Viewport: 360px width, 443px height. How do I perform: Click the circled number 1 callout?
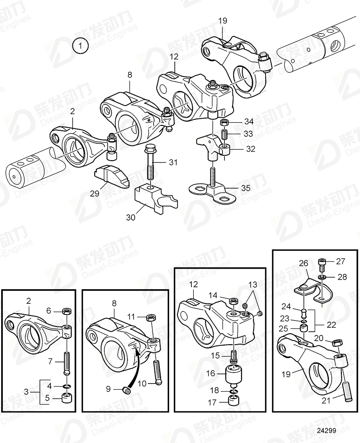[x=80, y=46]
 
